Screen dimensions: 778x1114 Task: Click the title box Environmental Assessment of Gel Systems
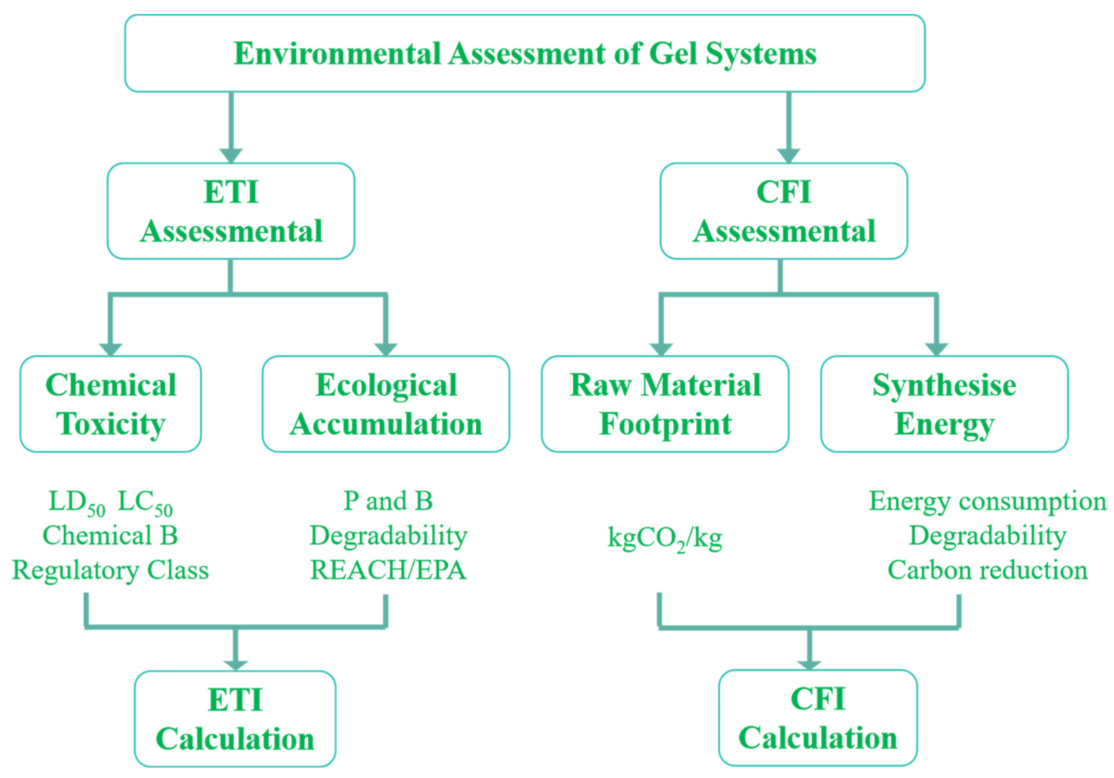(x=525, y=53)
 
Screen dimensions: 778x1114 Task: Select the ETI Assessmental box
(x=231, y=211)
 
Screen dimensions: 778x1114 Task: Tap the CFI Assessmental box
(x=784, y=211)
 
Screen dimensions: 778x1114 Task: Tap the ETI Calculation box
(x=235, y=719)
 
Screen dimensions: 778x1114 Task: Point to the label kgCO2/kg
(x=665, y=538)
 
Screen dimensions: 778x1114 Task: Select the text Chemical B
(x=111, y=535)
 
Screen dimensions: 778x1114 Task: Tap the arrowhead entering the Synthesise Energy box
(x=937, y=349)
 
